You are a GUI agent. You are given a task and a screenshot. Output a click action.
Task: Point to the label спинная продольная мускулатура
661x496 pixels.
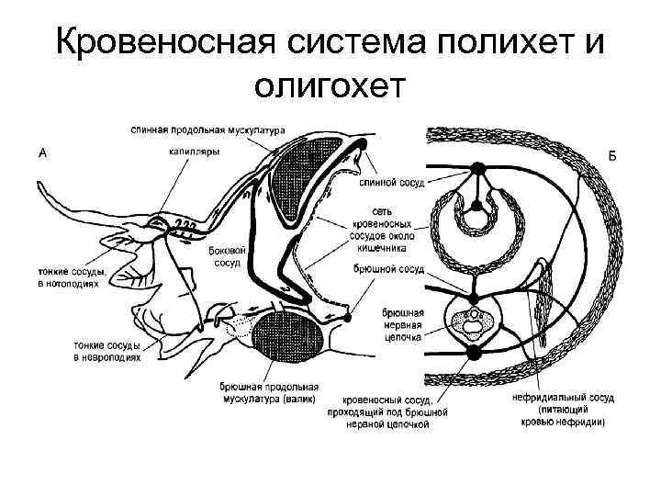tap(208, 129)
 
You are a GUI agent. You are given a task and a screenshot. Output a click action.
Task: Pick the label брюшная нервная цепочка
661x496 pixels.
tap(401, 324)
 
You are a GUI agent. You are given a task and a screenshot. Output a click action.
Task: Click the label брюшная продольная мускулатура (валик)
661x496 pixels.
tap(268, 393)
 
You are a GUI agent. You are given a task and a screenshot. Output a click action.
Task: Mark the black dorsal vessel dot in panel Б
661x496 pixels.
tap(477, 167)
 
